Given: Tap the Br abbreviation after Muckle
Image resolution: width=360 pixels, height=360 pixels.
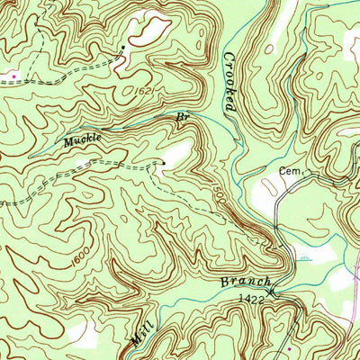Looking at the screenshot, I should [x=183, y=117].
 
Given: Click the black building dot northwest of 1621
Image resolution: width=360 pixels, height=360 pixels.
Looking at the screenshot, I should [x=123, y=47].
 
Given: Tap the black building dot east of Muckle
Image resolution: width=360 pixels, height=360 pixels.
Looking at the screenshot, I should [x=163, y=162].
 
